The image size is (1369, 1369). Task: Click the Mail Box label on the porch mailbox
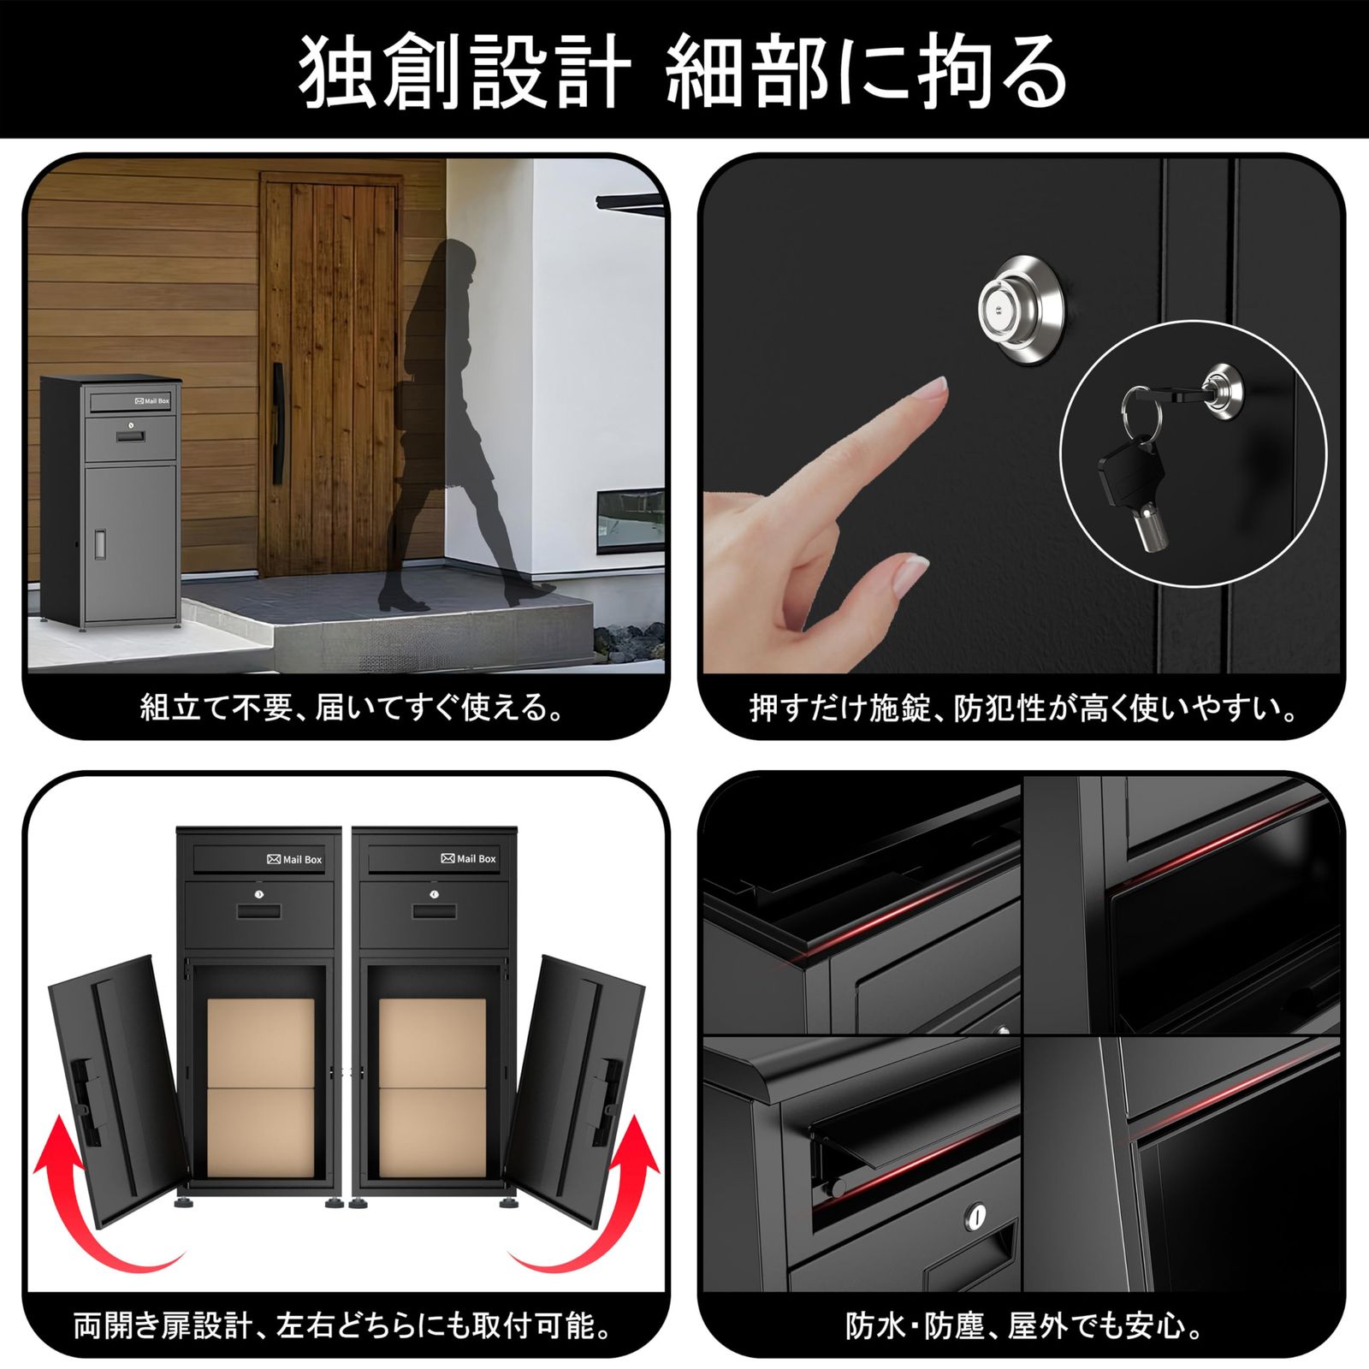tap(152, 400)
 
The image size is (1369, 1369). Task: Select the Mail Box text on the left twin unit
tap(295, 859)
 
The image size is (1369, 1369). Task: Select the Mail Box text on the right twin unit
tap(469, 858)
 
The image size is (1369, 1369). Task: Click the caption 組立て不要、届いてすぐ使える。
tap(353, 708)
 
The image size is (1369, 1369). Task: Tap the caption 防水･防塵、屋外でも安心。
tap(1024, 1326)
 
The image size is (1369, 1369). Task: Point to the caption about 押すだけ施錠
tap(1024, 708)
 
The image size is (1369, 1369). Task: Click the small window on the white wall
tap(631, 519)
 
